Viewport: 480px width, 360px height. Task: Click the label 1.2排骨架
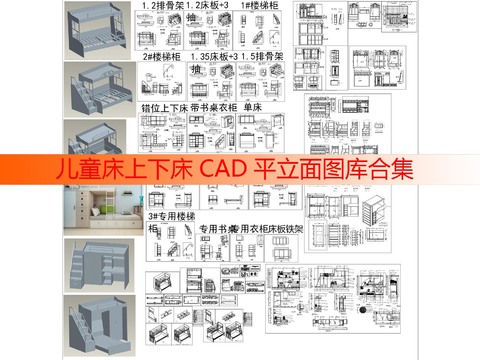pyautogui.click(x=163, y=6)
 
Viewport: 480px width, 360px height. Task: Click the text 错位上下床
pyautogui.click(x=165, y=105)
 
